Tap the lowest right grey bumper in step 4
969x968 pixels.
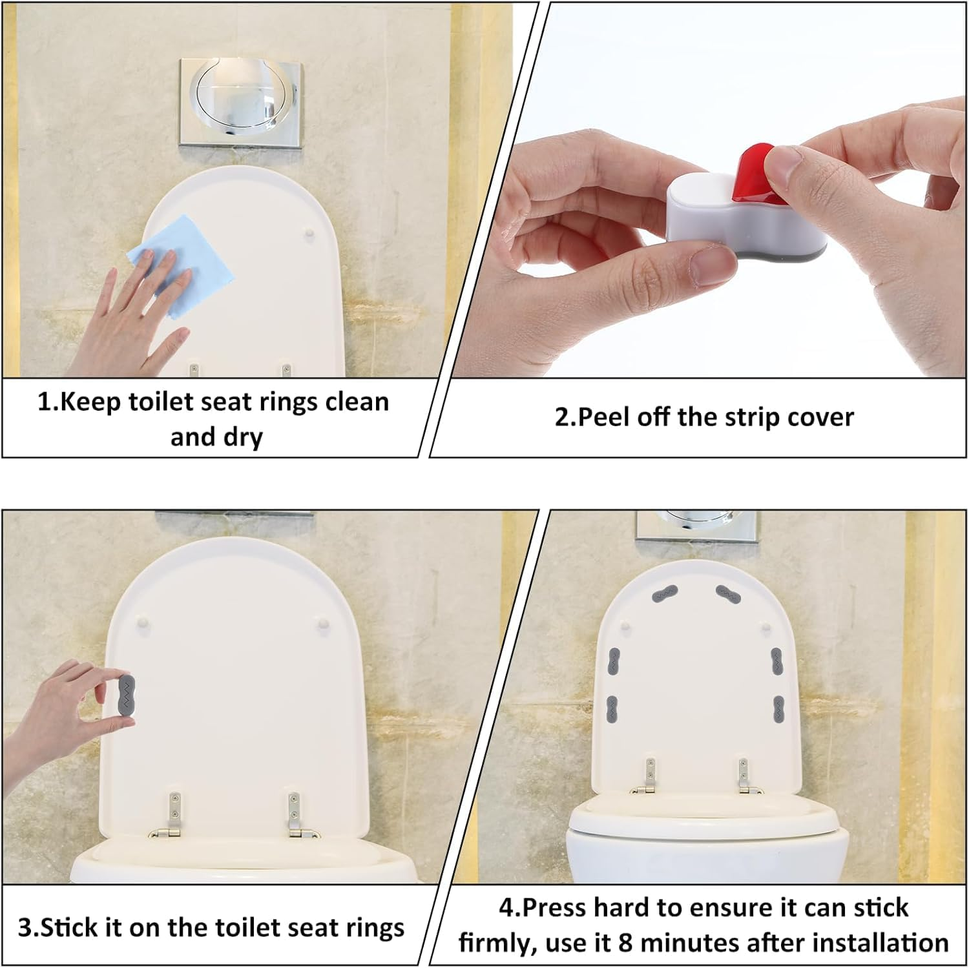[x=778, y=709]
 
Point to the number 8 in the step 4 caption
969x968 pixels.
[x=625, y=943]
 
